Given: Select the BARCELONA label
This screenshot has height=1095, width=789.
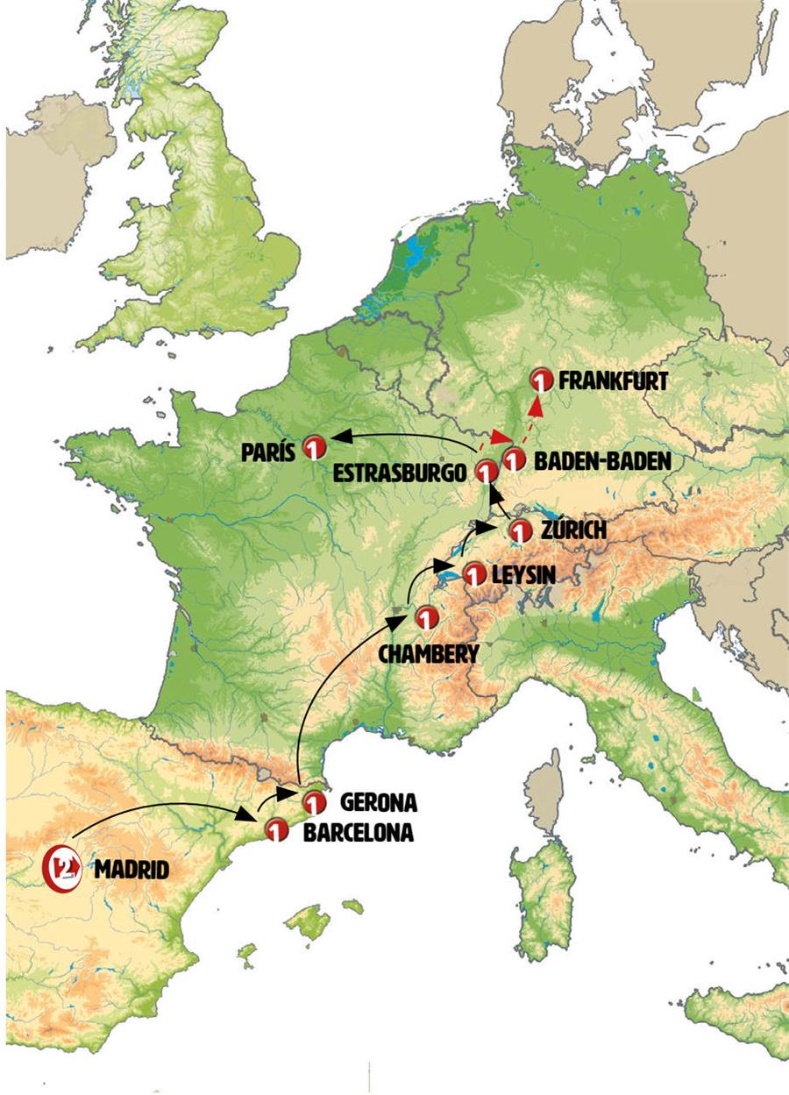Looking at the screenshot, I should click(358, 833).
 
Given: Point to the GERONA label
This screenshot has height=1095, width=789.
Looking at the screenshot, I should click(378, 801).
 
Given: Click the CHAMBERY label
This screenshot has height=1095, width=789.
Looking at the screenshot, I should click(429, 653).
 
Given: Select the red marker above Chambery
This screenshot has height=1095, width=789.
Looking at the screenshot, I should click(426, 618).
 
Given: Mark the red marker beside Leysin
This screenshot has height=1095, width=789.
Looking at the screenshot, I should click(473, 575).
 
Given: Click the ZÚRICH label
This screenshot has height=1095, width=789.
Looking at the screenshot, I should click(573, 531).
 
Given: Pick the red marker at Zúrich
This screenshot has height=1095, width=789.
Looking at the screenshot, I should click(521, 531).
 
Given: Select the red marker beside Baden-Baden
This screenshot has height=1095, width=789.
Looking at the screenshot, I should click(514, 459).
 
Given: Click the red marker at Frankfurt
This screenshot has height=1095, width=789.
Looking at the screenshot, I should click(542, 380).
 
